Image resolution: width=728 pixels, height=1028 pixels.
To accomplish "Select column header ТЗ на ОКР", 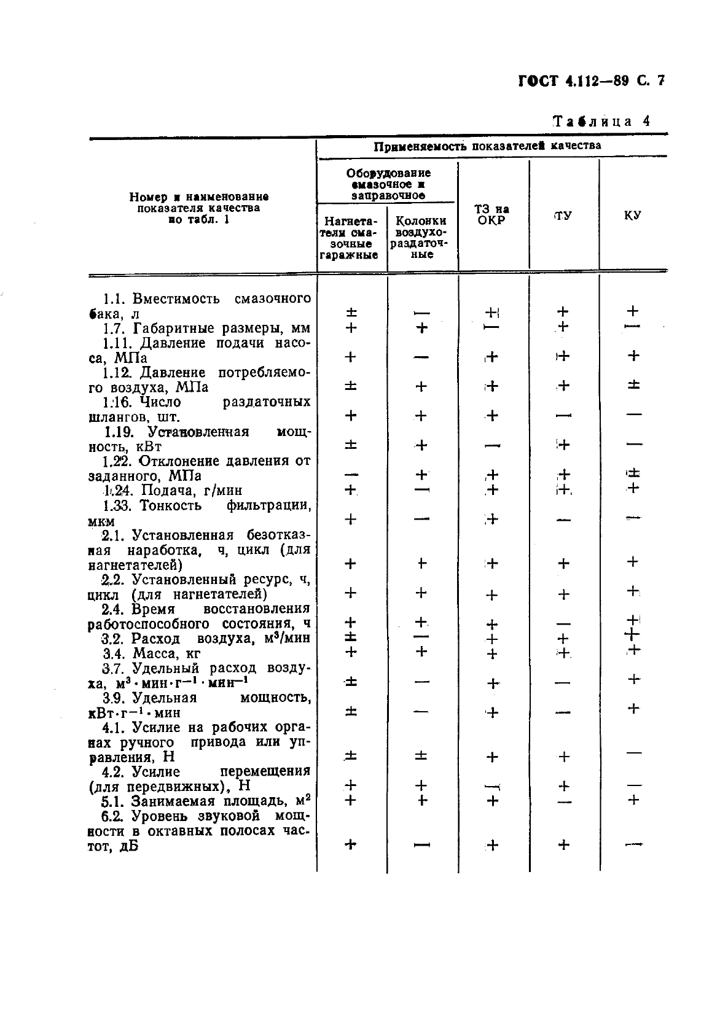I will point(493,215).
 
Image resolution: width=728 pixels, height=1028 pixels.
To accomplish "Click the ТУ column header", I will point(563,216).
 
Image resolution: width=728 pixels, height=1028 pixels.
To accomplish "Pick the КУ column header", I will point(633,216).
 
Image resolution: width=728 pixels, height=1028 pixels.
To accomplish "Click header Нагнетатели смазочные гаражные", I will point(350,237).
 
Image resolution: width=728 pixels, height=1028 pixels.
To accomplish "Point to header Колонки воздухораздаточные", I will point(421,237).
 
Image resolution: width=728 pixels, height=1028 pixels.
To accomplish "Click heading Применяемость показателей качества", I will point(488,146).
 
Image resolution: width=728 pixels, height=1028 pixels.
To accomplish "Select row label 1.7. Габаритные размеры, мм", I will point(206,328).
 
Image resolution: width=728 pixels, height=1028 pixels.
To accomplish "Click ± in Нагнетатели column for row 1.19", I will point(350,445).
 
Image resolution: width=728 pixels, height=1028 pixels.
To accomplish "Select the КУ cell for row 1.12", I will point(633,385).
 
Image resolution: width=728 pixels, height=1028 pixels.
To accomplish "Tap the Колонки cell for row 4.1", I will point(421,756).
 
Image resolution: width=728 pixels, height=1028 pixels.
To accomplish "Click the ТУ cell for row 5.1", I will point(563,801).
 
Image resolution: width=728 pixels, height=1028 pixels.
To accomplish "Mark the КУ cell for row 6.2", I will point(633,845).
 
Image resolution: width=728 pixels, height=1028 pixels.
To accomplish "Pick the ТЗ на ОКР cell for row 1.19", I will point(492,446).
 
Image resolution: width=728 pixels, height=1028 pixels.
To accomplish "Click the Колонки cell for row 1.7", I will point(421,328).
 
